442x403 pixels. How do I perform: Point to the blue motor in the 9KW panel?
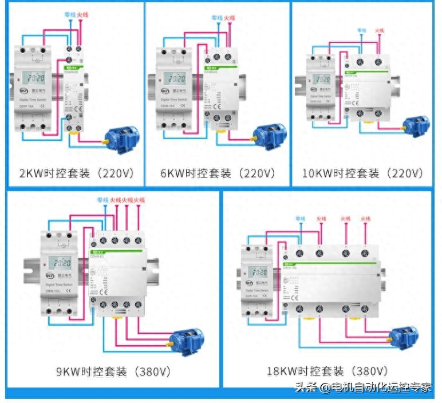point(189,340)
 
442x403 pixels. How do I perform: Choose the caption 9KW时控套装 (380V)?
point(113,372)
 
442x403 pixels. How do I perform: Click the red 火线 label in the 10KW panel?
point(380,30)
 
